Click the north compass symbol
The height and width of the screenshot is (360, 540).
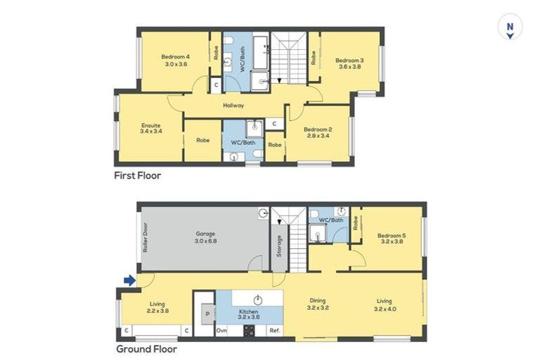coord(510,28)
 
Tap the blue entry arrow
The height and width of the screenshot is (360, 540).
coord(129,281)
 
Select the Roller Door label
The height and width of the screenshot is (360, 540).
coord(146,238)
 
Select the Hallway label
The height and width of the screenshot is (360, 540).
coord(233,105)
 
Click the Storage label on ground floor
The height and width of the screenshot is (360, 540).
coord(279,246)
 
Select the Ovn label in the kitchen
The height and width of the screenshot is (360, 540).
coord(221,330)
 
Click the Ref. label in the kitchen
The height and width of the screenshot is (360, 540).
coord(275,330)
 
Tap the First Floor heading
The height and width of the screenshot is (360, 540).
coord(138,176)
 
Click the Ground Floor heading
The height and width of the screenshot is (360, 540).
coord(146,349)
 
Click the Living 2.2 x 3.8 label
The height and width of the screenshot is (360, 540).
coord(157,308)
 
